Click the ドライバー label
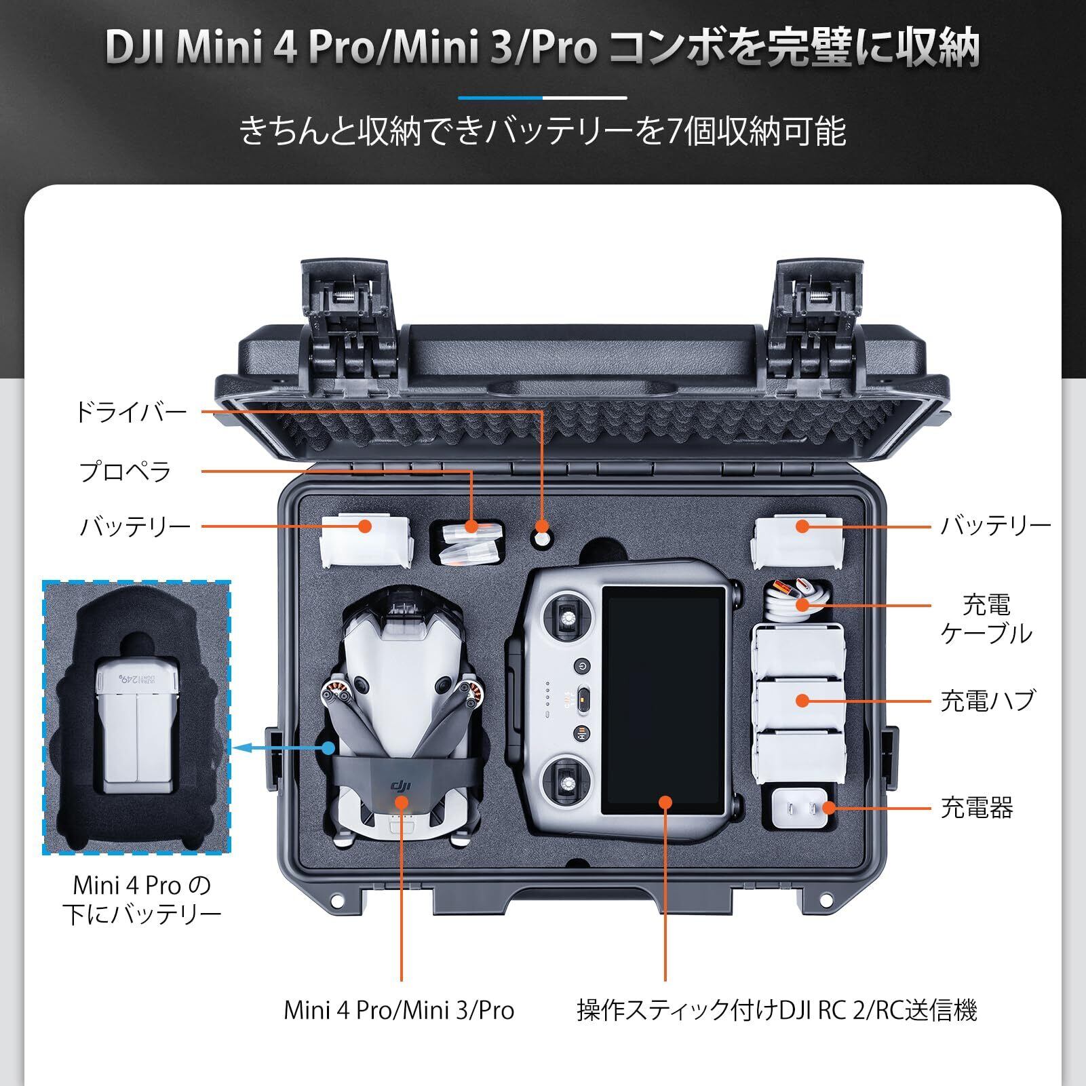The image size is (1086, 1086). [131, 412]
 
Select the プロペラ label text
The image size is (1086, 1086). [125, 471]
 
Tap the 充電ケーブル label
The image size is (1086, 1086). [986, 619]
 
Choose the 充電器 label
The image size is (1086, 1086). [976, 808]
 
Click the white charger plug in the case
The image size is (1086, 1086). [801, 807]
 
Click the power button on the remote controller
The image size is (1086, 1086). [582, 665]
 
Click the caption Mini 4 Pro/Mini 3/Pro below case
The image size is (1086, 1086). [399, 1010]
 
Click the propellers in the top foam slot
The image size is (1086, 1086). [467, 544]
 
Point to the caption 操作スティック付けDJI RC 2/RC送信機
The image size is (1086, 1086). [777, 1010]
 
